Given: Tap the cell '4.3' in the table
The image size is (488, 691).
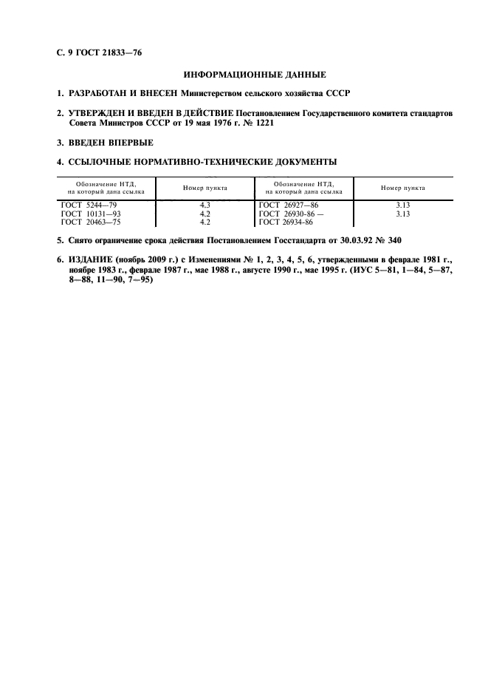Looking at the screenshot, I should pyautogui.click(x=205, y=205).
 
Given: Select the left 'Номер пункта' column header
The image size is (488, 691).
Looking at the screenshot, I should pyautogui.click(x=205, y=188).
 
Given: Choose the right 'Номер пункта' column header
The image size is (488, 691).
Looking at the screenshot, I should pyautogui.click(x=402, y=188).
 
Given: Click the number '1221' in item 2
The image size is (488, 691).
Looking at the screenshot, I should pyautogui.click(x=264, y=123).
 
